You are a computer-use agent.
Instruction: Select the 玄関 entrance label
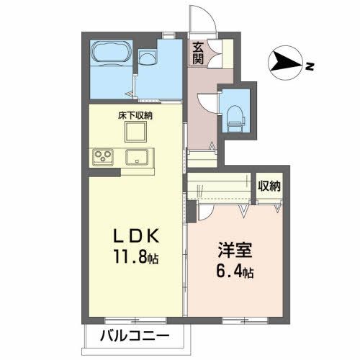click(198, 53)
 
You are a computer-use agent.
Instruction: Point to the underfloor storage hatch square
click(136, 132)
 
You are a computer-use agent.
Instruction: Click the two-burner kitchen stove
click(103, 157)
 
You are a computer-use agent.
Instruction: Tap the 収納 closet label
click(270, 186)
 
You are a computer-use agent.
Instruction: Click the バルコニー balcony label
click(134, 336)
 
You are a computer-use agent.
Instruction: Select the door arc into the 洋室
click(204, 211)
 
